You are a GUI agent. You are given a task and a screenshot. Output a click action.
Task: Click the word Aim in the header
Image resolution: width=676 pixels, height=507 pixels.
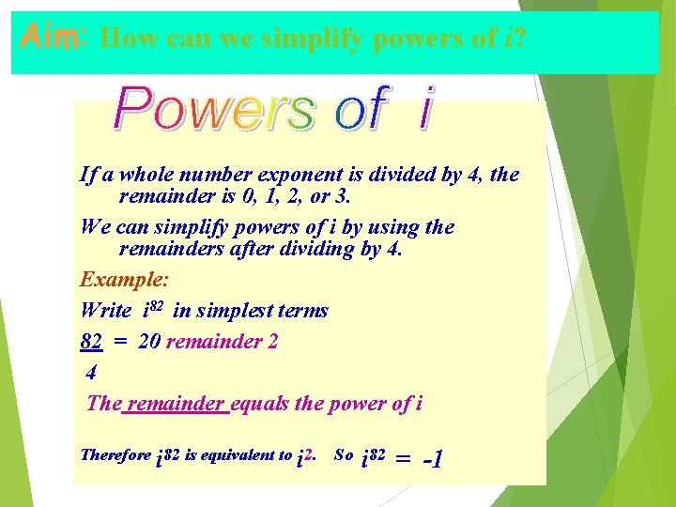coord(47,38)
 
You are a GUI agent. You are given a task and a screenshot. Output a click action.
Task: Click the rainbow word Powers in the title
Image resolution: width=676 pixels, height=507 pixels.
coord(213,110)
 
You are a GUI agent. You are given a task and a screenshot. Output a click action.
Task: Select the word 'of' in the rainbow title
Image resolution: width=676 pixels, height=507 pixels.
coord(360,109)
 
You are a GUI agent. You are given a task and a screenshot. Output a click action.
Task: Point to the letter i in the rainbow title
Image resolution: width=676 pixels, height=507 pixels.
coord(425,110)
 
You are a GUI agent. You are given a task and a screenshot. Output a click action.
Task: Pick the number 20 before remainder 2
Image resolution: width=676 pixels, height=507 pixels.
coord(148,341)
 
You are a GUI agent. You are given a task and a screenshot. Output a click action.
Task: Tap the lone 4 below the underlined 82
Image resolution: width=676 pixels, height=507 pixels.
coord(90,373)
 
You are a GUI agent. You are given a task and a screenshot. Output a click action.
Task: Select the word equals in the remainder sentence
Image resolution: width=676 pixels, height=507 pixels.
coord(258,404)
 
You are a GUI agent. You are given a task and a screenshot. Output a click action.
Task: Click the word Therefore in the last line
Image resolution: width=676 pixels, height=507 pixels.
coord(115,455)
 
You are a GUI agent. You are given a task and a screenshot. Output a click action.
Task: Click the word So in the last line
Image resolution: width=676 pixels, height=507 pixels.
coord(344,455)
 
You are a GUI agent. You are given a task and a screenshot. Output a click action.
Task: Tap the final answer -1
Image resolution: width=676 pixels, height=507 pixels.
coord(433,459)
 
